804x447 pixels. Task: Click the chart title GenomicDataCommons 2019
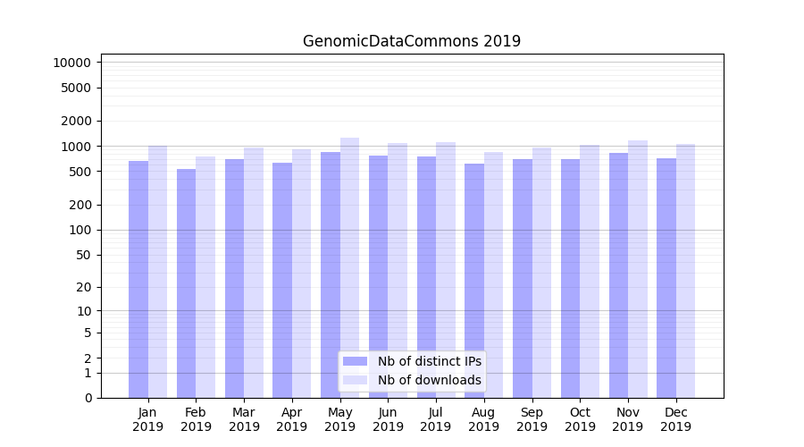coord(411,41)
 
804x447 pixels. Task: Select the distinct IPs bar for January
coord(138,279)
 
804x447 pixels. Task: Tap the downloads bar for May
coord(349,267)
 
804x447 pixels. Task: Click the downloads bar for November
coord(638,268)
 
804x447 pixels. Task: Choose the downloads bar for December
coord(685,270)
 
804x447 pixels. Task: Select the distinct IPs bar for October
coord(570,278)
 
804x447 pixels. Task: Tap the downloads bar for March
coord(254,272)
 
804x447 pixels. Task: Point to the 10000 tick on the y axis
coord(71,63)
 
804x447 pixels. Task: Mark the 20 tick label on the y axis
coord(82,287)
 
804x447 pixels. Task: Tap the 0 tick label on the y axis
coord(87,398)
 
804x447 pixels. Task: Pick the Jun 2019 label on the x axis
coord(388,419)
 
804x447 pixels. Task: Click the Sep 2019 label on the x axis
coord(532,419)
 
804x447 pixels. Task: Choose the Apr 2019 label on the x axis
coord(292,419)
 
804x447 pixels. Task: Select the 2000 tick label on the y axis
coord(75,121)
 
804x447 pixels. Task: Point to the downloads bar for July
coord(446,269)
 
